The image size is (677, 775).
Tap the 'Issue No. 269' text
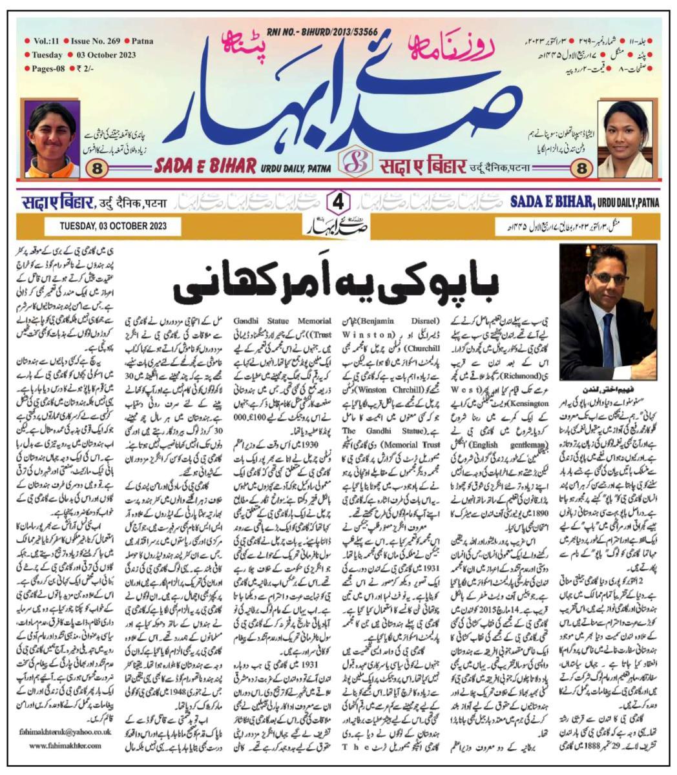point(93,41)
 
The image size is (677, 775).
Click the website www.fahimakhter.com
point(66,745)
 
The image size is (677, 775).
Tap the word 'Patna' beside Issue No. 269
point(142,41)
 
